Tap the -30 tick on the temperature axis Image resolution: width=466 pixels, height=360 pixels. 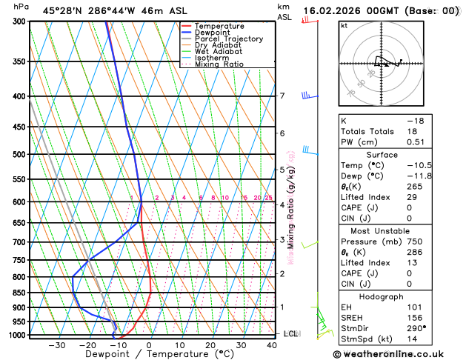tap(56, 345)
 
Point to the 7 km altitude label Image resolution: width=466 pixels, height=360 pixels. tap(282, 96)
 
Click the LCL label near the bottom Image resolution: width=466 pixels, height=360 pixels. tap(290, 334)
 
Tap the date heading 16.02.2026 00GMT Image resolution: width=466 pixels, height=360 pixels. tap(380, 11)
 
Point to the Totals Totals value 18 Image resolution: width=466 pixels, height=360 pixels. tap(411, 131)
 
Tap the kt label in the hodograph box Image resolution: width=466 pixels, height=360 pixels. tap(344, 26)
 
